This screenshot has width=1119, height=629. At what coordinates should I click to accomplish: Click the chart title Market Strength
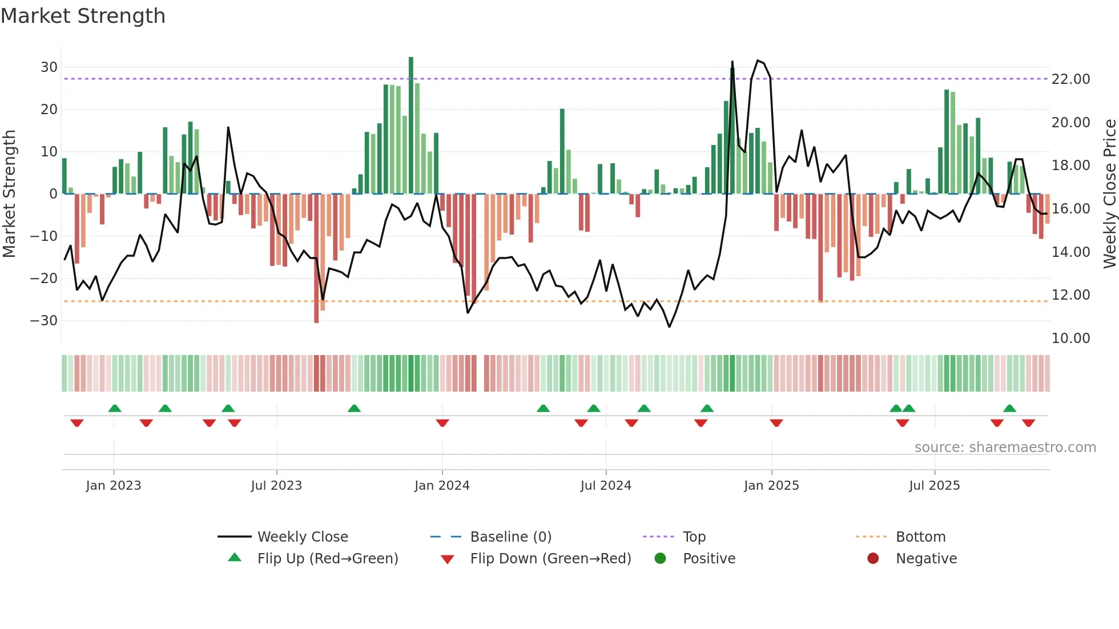pos(83,16)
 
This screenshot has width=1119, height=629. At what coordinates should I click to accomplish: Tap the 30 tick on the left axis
pos(49,67)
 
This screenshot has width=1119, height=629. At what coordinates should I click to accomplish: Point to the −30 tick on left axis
pos(44,321)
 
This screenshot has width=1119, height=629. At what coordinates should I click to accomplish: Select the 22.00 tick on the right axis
pos(1070,79)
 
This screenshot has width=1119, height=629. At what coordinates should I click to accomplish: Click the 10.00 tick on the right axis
pos(1070,338)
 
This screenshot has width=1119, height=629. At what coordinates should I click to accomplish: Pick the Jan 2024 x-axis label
pos(442,486)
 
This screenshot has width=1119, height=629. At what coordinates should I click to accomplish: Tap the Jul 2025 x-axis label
pos(934,486)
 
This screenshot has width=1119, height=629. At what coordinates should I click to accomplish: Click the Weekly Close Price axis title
pos(1109,194)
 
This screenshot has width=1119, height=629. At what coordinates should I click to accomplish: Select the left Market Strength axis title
pos(9,194)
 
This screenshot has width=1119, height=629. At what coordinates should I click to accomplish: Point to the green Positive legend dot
pos(661,559)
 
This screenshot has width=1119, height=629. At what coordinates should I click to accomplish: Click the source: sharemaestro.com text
pos(1005,447)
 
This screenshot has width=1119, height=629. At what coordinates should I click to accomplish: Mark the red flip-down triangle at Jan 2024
pos(442,423)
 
